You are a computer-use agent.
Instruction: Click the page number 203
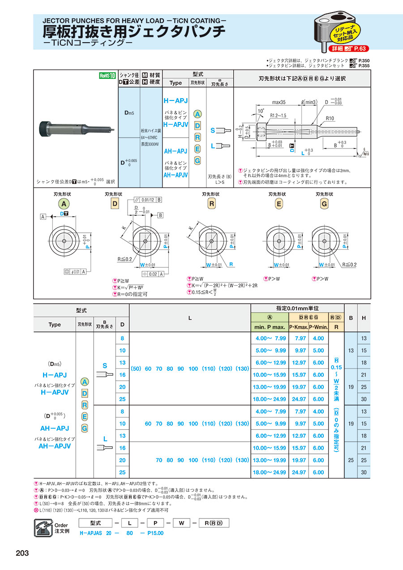[x=22, y=553]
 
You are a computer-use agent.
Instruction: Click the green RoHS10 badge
[x=107, y=75]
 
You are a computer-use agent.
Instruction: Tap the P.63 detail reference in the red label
[x=360, y=48]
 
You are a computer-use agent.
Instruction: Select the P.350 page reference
[x=364, y=60]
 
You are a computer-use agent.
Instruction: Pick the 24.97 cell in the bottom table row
[x=299, y=472]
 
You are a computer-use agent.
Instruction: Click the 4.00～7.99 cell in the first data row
[x=270, y=338]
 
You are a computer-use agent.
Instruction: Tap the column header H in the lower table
[x=364, y=318]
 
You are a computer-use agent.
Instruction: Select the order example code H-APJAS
[x=91, y=533]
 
